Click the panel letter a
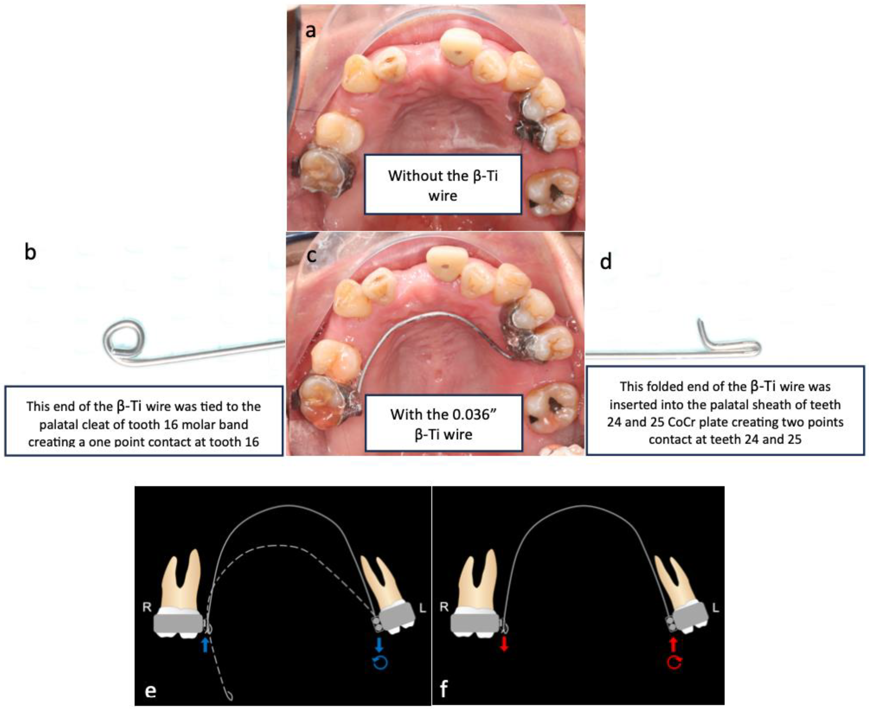click(x=311, y=31)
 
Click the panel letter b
click(x=30, y=252)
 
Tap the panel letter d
click(x=606, y=262)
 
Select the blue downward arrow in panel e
click(x=379, y=645)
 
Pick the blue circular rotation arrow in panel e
click(x=380, y=663)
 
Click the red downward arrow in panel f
click(x=504, y=645)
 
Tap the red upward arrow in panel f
click(x=673, y=645)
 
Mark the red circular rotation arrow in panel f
click(x=674, y=663)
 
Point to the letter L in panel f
click(x=715, y=608)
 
